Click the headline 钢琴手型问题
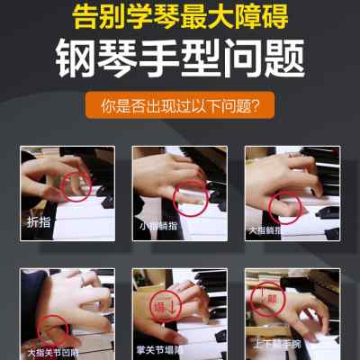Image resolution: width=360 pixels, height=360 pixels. click(179, 60)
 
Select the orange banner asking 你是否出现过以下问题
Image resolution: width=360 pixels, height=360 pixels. click(179, 106)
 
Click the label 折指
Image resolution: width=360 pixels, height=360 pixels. click(38, 220)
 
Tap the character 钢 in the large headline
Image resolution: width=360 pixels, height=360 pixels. click(79, 60)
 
